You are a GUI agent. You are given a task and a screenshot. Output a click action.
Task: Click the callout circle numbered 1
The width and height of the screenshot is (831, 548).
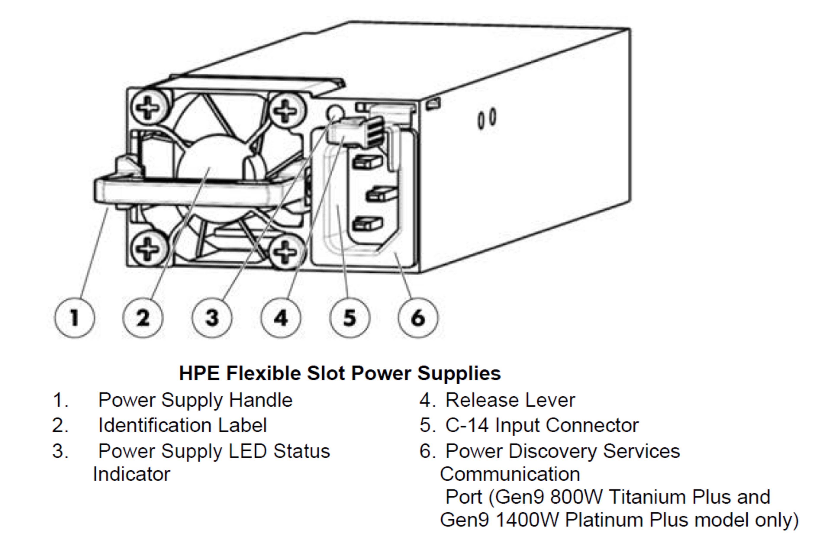[74, 318]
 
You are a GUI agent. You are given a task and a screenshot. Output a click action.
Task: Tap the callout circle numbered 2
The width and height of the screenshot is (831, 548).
[143, 318]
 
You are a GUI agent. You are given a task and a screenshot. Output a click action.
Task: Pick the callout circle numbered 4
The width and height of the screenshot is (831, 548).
[281, 318]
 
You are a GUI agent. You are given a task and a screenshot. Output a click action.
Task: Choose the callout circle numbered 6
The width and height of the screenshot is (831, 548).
[418, 318]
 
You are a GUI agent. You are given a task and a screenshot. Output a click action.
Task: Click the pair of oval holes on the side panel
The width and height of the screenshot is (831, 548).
[486, 119]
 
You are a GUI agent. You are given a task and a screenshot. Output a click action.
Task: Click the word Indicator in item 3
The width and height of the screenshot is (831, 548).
[131, 474]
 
